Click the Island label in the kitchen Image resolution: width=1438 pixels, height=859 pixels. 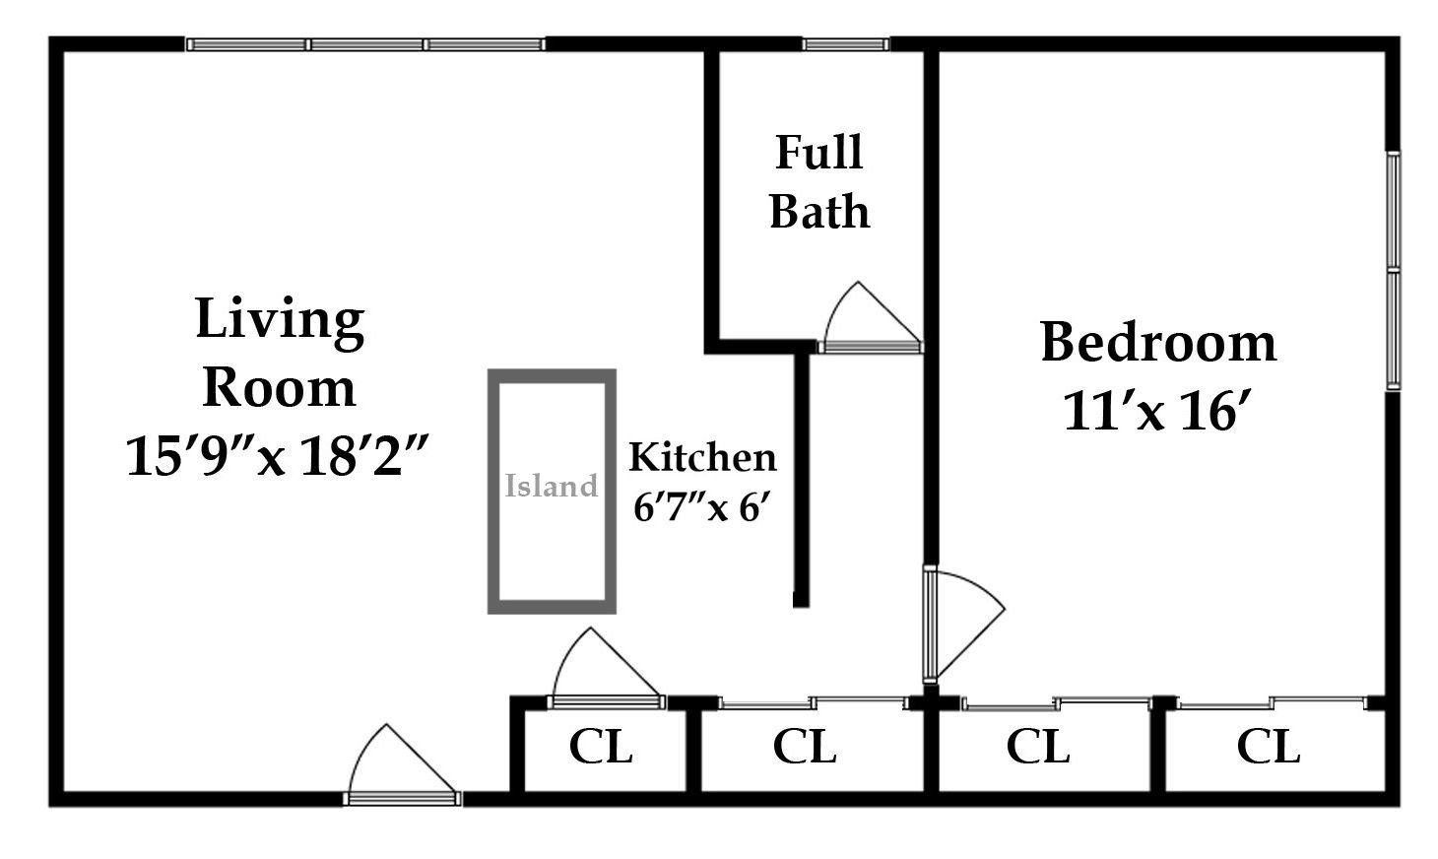[x=551, y=486]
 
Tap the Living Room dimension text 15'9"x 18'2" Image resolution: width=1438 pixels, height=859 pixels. [x=278, y=456]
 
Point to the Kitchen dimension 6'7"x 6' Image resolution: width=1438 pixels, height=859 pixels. [x=701, y=508]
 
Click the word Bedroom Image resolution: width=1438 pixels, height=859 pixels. [x=1158, y=343]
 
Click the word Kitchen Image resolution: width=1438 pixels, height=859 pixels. [x=702, y=457]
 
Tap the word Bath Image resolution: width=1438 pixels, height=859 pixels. [x=819, y=211]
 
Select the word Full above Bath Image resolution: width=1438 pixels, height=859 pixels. [x=819, y=152]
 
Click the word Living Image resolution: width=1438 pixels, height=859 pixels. [x=280, y=322]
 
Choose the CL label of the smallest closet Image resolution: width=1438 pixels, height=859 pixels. [x=601, y=746]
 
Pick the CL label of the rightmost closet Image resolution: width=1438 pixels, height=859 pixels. [x=1269, y=746]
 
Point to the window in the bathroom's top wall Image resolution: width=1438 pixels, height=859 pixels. [x=845, y=44]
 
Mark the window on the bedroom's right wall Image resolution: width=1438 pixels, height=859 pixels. [x=1393, y=270]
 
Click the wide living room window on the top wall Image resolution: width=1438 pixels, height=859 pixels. [x=366, y=44]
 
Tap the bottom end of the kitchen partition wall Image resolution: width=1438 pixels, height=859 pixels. [x=801, y=607]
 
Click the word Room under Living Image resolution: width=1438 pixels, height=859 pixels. [x=279, y=388]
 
